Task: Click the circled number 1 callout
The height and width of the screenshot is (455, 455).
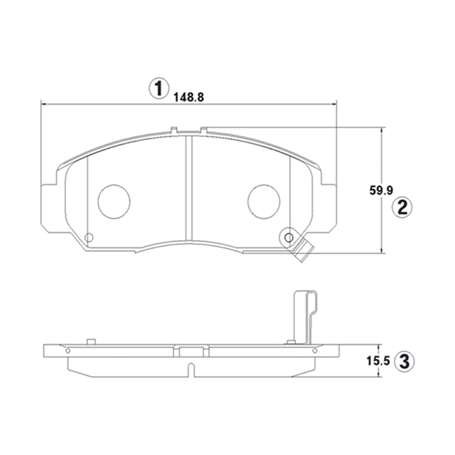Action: point(158,88)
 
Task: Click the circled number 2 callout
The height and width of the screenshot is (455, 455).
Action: point(402,207)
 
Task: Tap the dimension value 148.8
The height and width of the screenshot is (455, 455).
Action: point(189,97)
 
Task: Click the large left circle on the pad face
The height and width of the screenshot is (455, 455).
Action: point(114,201)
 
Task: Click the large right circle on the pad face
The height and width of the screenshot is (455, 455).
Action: point(264,201)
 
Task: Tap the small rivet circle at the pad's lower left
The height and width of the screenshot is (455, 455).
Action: point(89,237)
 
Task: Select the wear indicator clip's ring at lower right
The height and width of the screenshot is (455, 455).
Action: point(289,237)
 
